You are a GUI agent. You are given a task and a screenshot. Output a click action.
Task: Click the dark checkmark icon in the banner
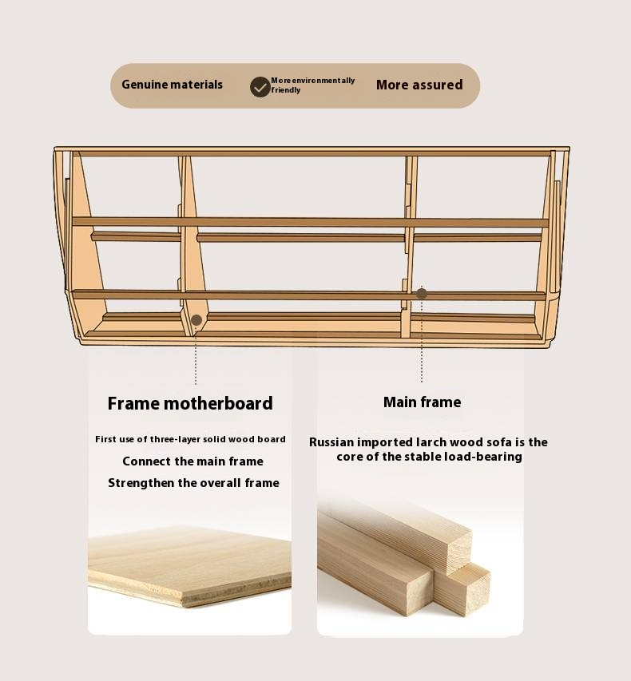click(260, 87)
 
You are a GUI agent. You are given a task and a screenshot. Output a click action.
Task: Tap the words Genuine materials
click(172, 85)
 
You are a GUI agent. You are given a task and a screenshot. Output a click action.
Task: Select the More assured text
click(419, 85)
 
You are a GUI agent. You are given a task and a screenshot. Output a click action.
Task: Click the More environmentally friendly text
click(313, 85)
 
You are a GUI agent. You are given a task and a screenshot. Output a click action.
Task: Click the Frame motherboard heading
click(190, 403)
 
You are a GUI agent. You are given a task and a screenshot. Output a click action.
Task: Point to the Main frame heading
click(422, 402)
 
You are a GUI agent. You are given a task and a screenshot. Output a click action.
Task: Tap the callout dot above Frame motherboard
click(196, 320)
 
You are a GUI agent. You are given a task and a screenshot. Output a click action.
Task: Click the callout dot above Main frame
click(422, 294)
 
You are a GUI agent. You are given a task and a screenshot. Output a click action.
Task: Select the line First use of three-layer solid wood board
click(190, 440)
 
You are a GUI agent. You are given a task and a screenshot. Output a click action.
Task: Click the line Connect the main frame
click(193, 461)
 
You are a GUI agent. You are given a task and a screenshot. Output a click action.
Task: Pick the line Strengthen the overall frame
click(193, 483)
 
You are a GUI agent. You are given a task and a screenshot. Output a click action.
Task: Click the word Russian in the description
click(331, 442)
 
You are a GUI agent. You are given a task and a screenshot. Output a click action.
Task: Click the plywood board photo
click(189, 565)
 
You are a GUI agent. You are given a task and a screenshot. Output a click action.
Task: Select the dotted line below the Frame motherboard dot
click(196, 355)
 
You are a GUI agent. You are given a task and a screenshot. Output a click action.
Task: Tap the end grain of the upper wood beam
click(459, 548)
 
